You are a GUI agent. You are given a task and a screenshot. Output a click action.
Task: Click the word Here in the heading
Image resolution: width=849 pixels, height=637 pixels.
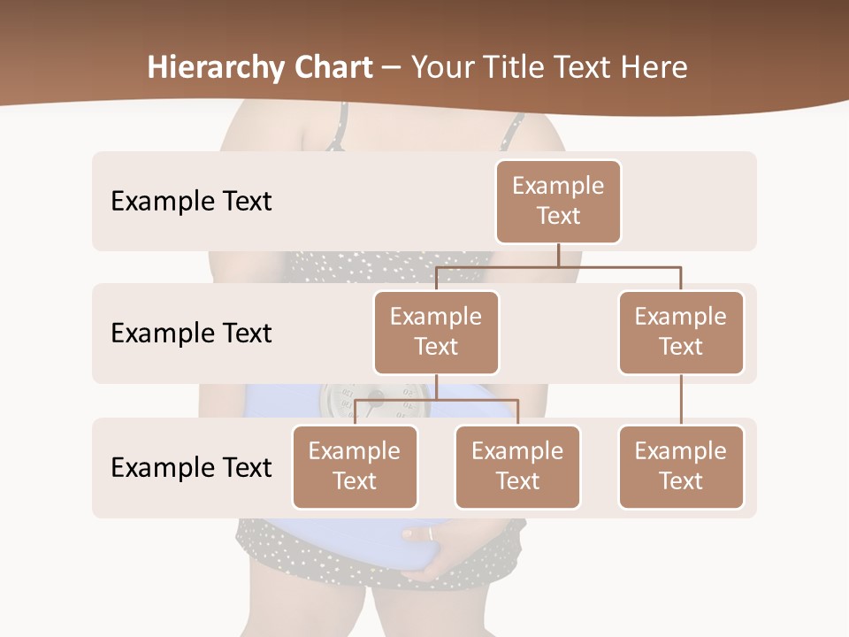coord(655,67)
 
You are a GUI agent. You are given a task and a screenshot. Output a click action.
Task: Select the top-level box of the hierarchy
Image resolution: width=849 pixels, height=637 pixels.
coord(558,201)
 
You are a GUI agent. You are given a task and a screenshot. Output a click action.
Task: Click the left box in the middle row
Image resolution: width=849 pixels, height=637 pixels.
coord(436,332)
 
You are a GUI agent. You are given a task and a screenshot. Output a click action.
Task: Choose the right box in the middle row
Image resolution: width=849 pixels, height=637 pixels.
coord(681,332)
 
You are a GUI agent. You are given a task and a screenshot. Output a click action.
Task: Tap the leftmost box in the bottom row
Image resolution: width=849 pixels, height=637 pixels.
coord(355,466)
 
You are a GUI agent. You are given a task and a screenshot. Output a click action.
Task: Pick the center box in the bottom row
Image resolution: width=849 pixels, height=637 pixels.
coord(517,466)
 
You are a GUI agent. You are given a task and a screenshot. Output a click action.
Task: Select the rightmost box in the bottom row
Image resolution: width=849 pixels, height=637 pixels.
coord(681,466)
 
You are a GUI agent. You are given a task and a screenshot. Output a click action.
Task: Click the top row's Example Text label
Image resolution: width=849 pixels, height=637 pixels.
coord(191,201)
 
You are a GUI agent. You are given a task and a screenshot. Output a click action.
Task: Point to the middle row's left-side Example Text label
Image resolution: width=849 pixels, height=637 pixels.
coord(191,333)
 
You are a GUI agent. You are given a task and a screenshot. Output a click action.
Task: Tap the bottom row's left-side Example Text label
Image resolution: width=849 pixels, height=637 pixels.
coord(191,467)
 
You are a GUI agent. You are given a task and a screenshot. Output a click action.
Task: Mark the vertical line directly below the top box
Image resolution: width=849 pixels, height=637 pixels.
coord(558,255)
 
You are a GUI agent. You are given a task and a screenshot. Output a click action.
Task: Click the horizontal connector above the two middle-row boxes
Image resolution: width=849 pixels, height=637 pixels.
coord(558,265)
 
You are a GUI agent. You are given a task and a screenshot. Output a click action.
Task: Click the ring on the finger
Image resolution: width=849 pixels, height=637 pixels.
coord(431,533)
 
